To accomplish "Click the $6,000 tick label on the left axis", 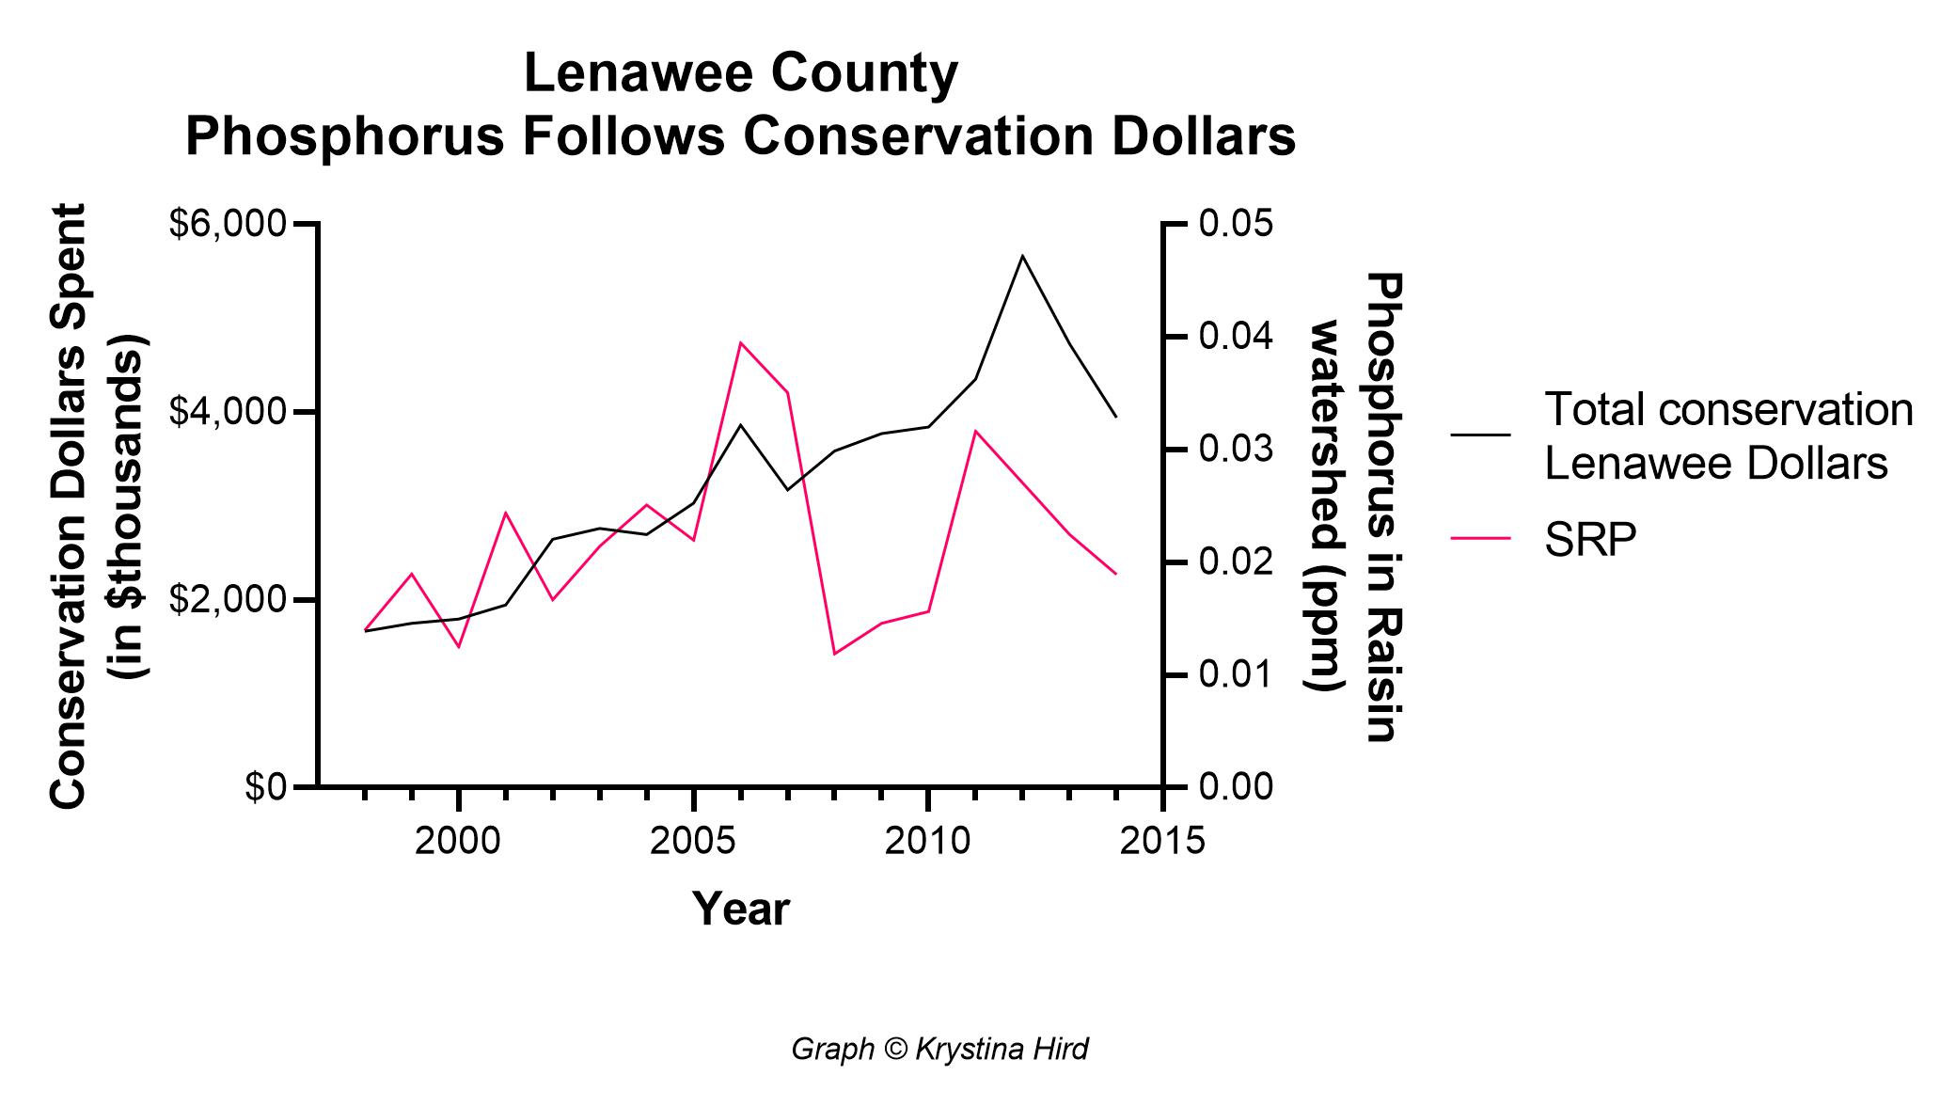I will (x=226, y=226).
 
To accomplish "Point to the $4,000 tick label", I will (x=226, y=413).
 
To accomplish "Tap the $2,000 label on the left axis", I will (x=226, y=600).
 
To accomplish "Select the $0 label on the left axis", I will (x=265, y=787).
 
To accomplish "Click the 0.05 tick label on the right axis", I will (x=1236, y=225).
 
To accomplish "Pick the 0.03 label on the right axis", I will (x=1236, y=450).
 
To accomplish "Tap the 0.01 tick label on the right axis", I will (x=1236, y=674).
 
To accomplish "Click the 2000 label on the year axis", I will (x=458, y=841).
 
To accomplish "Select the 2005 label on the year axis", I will (x=693, y=841).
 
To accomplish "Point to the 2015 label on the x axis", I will (x=1162, y=841).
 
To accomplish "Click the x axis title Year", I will (x=740, y=909).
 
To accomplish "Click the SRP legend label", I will (x=1590, y=540).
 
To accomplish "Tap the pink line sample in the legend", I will (x=1480, y=538).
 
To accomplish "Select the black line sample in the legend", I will (x=1480, y=435).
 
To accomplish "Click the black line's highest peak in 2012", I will (x=1022, y=256).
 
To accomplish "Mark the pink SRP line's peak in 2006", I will (x=740, y=343).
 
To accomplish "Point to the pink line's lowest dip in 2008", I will (x=834, y=653).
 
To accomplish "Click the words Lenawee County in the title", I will (x=740, y=74).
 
